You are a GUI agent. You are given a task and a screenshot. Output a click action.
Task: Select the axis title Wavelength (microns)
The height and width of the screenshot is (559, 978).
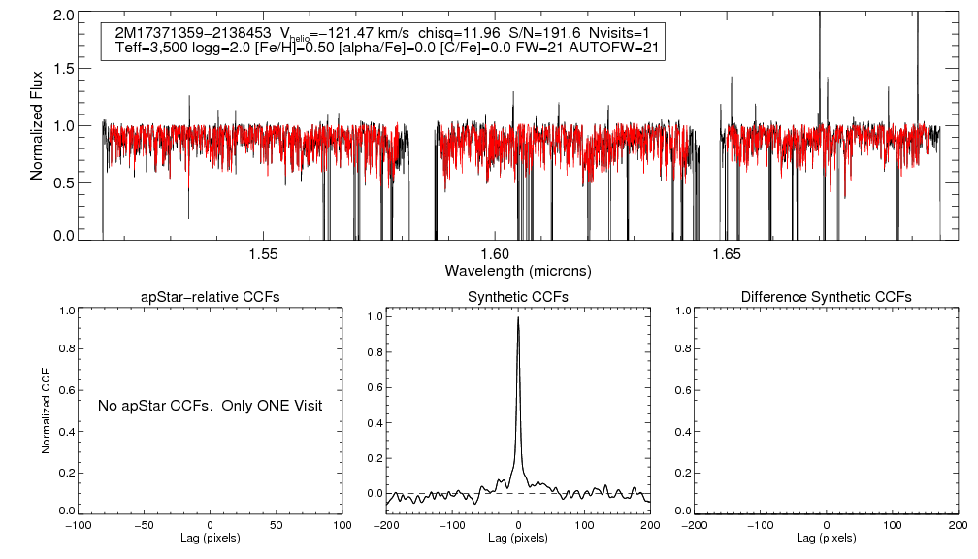tap(518, 270)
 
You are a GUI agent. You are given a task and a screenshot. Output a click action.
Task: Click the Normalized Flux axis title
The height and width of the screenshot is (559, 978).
tap(38, 125)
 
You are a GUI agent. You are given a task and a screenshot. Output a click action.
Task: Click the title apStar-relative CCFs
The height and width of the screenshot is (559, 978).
tap(211, 296)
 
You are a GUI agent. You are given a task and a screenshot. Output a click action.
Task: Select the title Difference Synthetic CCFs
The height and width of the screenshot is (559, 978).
tap(826, 296)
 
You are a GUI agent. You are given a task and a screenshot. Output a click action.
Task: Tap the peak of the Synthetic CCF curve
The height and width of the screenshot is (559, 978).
tap(518, 317)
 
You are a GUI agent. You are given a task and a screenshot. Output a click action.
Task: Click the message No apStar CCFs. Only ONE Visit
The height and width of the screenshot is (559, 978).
tap(210, 405)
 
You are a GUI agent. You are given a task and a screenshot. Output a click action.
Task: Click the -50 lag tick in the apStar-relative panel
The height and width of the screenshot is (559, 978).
tap(144, 525)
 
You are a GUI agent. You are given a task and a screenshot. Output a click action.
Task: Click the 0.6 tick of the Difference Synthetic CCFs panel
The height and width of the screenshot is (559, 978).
tap(681, 391)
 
